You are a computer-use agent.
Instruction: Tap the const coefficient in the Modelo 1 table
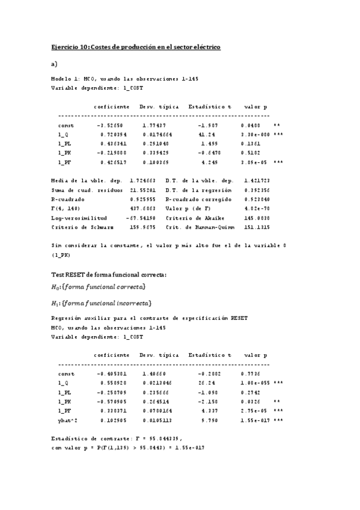(109, 125)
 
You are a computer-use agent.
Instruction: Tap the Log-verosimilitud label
(79, 217)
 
